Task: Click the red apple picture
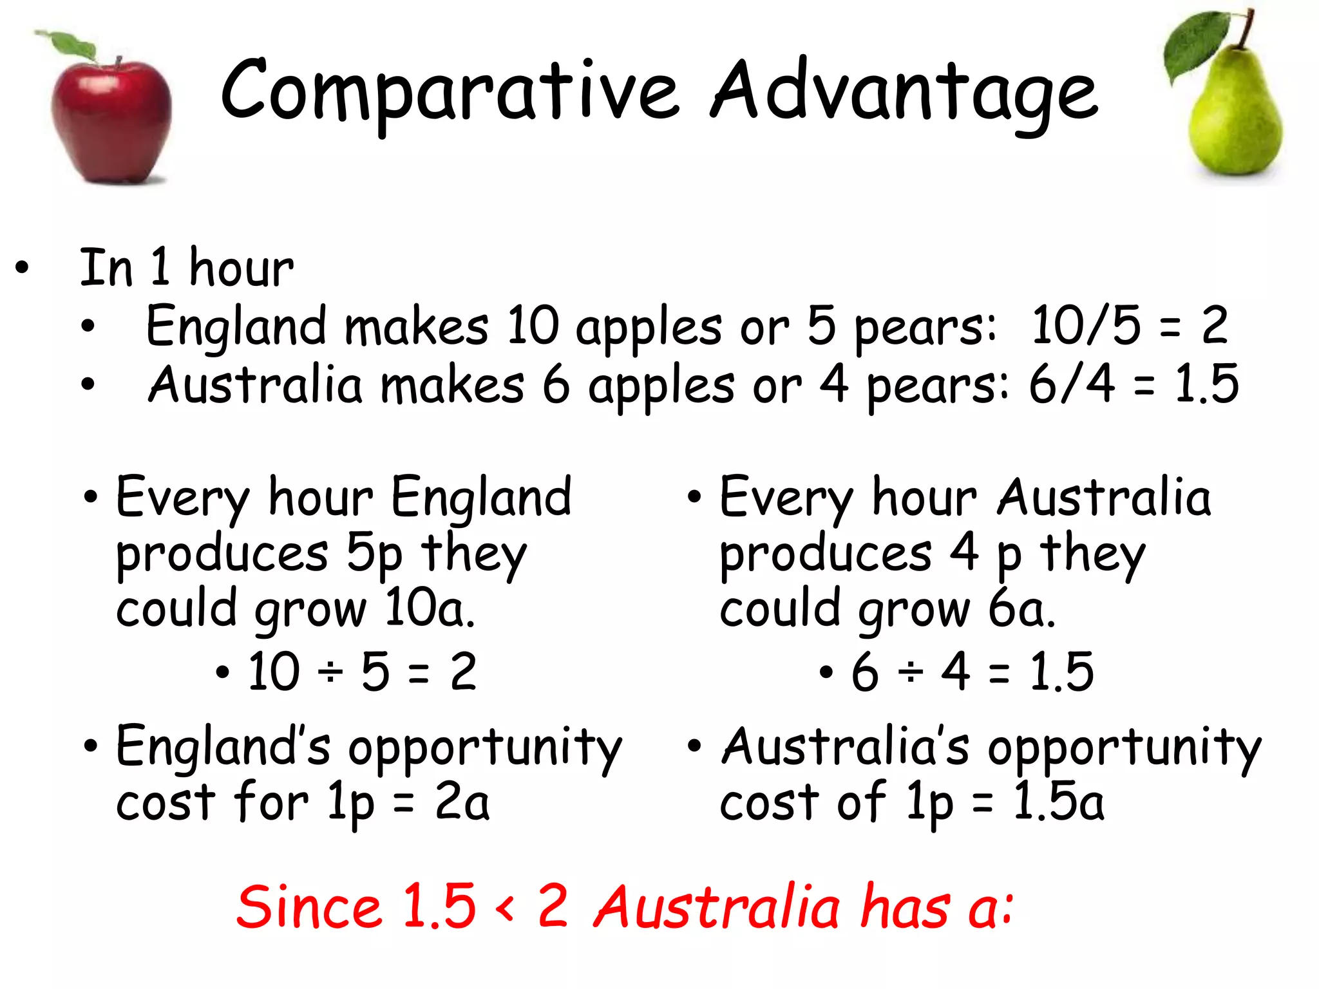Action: [111, 119]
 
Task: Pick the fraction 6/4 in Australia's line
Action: [1072, 384]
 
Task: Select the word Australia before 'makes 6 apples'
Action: [255, 385]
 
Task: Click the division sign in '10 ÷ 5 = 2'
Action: [331, 672]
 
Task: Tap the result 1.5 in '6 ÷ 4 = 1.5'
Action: [1061, 672]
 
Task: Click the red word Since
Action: [308, 907]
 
